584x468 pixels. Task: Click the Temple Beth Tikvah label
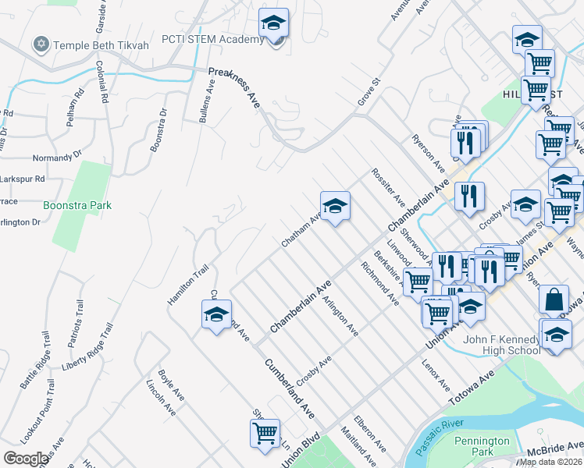100,45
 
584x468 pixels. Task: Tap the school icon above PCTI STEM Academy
274,23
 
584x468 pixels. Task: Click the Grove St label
369,91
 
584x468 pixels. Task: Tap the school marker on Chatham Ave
335,207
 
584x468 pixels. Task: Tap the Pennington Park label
483,446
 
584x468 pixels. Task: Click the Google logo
25,459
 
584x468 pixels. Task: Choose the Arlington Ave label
340,318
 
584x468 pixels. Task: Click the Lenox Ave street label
436,376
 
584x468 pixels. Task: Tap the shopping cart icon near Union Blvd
265,433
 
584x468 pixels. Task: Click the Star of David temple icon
40,45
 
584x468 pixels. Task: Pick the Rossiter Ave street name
388,186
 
